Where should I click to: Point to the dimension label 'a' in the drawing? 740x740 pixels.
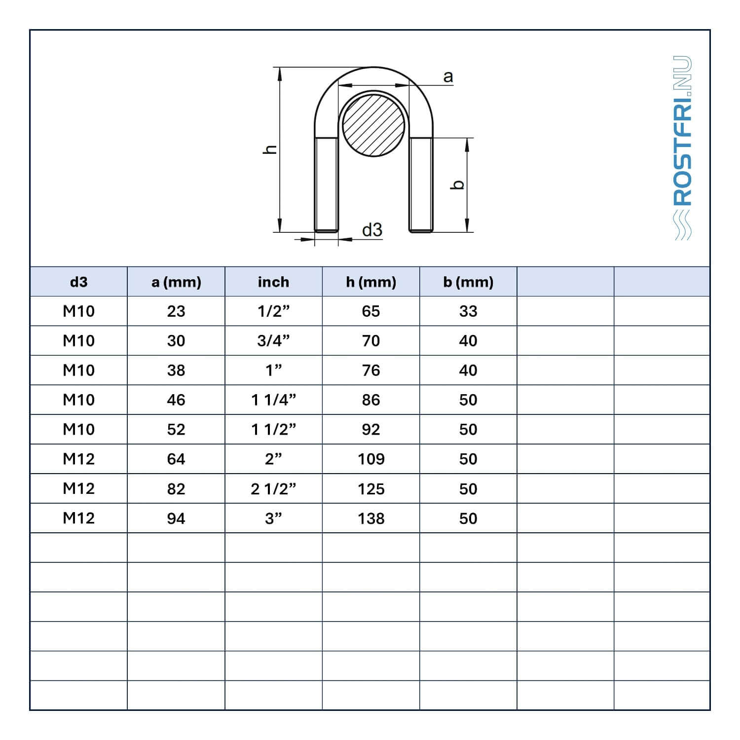pos(448,77)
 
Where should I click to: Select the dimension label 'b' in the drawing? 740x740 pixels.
pos(458,185)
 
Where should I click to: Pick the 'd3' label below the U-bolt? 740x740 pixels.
pos(372,230)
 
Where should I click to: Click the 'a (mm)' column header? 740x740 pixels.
pos(176,282)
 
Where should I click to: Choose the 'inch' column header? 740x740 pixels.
pos(273,282)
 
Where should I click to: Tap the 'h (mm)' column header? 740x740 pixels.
pos(371,282)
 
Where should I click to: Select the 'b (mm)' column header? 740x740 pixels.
pos(468,282)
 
